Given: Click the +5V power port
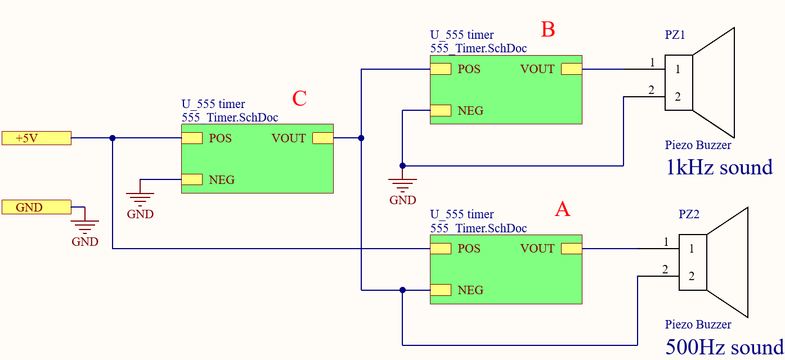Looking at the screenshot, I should (x=37, y=138).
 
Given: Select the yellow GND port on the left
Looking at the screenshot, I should (x=37, y=207).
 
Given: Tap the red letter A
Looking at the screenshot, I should (x=562, y=209).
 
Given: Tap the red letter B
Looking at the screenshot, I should (x=548, y=30).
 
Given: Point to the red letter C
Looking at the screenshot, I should (x=299, y=98).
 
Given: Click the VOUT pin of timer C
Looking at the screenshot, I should (x=323, y=138).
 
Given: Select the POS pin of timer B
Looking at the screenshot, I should (x=441, y=69).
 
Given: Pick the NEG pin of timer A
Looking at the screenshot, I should (x=441, y=290).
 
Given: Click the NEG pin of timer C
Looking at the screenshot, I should (x=192, y=179).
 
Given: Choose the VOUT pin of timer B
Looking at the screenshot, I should (x=572, y=69).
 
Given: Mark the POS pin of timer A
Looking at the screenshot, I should (x=441, y=249).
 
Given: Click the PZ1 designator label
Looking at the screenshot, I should (x=675, y=35).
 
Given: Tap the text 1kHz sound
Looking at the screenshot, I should (x=719, y=168).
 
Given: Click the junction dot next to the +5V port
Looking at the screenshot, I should (x=113, y=138).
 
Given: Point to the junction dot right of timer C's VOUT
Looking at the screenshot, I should (x=361, y=138).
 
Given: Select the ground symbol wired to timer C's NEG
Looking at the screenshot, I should (x=140, y=197).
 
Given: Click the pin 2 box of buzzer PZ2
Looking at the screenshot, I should (x=692, y=276).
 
